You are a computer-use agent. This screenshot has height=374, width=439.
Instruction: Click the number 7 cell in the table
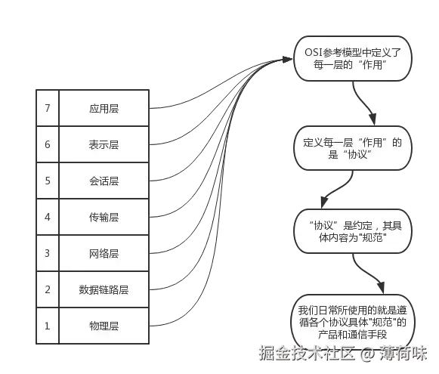[48, 108]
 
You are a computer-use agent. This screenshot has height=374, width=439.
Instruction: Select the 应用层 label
[104, 109]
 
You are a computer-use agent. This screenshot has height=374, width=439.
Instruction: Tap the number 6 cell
[48, 144]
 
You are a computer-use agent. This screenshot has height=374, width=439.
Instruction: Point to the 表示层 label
[104, 145]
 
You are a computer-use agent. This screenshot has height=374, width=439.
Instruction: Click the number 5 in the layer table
[48, 181]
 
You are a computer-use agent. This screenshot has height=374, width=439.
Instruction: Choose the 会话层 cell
[104, 181]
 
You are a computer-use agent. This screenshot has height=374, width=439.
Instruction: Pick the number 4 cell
[48, 217]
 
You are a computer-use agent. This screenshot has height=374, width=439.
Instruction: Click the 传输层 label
[104, 218]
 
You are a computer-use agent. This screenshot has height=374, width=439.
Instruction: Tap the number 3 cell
[48, 253]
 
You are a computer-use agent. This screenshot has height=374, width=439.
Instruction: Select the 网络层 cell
[104, 253]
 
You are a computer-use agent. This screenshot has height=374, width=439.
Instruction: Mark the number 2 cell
[48, 289]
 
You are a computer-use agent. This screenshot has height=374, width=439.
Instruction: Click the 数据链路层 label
[104, 289]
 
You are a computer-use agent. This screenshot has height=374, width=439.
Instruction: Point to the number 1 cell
[48, 326]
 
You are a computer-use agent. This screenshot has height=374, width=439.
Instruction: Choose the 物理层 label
[104, 326]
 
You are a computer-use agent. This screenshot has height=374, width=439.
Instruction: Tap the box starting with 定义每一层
[353, 148]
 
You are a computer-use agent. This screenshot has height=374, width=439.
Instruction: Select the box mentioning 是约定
[353, 231]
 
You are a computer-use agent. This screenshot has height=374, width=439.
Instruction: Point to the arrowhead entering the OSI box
[287, 60]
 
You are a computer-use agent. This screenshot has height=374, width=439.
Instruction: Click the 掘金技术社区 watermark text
[307, 353]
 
